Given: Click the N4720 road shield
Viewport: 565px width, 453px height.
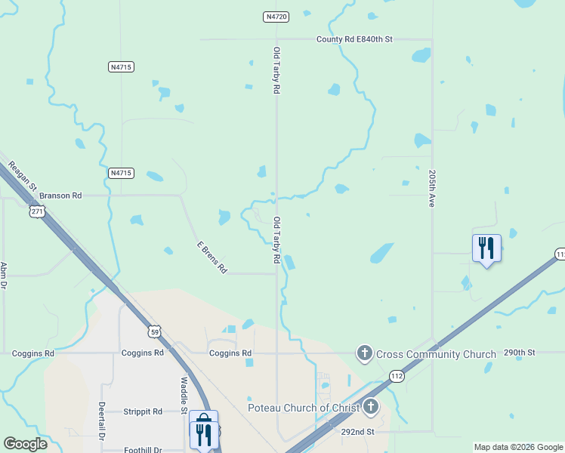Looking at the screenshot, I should coord(276,16).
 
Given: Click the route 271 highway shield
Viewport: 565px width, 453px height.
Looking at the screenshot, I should coord(38,212).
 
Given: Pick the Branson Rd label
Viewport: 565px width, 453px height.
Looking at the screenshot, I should coord(60,196).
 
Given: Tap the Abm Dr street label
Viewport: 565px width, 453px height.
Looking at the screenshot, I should coord(4,276).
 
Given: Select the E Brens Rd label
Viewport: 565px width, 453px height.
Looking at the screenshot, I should coord(211,257).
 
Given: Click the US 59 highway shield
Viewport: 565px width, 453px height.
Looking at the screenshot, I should coord(154,331).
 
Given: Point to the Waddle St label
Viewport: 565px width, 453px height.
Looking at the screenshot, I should coord(183,396).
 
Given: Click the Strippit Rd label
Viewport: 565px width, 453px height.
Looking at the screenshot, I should coord(143,411).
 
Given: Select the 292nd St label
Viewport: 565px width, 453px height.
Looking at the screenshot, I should coord(357,432).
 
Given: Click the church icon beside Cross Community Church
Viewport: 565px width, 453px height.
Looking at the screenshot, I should coord(365,353).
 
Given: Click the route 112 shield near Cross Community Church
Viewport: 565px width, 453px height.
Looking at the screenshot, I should coord(397,375).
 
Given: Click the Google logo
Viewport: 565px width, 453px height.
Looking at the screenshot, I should coord(26,444).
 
